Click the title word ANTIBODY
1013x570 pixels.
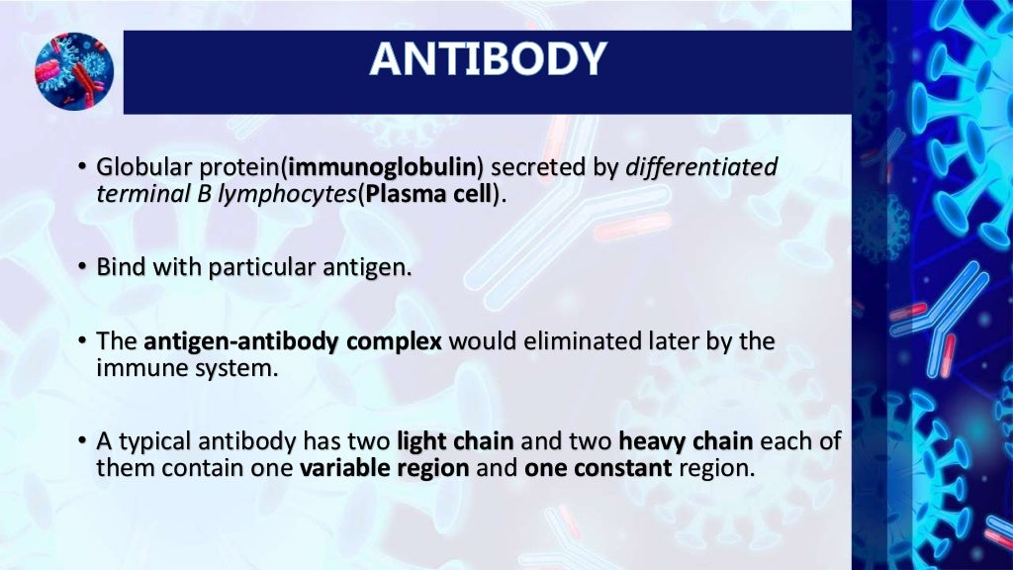coord(487,58)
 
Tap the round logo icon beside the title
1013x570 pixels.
coord(74,71)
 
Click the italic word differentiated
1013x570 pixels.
coord(701,167)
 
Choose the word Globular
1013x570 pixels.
coord(138,167)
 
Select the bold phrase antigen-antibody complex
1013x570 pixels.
coord(294,342)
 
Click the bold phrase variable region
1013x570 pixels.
coord(384,468)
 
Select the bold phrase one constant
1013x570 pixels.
coord(598,468)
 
